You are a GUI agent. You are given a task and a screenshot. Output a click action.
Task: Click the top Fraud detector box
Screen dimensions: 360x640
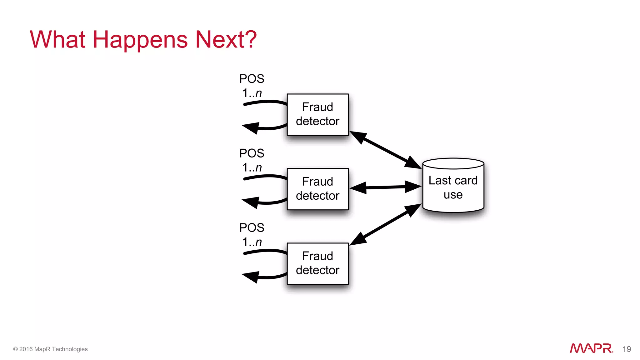[317, 114]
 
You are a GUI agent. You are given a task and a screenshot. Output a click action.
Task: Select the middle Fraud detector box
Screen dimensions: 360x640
[317, 189]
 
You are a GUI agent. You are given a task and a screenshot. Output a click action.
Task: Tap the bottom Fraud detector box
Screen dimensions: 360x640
[317, 263]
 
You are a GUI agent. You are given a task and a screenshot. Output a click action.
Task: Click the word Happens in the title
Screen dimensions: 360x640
[140, 40]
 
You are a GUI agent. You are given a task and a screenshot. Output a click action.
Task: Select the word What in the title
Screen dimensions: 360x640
[57, 40]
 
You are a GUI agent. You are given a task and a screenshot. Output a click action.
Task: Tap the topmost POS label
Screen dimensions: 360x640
[252, 79]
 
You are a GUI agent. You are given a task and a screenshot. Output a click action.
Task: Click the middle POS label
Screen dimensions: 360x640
[252, 153]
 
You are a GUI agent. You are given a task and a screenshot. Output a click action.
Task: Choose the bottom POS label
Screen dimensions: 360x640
[252, 227]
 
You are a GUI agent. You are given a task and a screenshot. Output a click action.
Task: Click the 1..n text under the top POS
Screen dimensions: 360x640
[252, 93]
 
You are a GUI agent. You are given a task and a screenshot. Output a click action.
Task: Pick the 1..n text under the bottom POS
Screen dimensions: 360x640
[252, 242]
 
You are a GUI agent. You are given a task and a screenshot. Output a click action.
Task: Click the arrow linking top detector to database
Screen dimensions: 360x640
[385, 150]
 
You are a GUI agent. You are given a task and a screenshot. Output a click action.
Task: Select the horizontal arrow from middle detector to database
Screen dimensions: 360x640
[385, 187]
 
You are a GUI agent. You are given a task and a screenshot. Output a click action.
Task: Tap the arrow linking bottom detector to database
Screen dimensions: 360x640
[385, 224]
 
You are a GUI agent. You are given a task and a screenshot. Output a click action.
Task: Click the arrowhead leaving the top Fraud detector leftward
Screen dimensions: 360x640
[251, 127]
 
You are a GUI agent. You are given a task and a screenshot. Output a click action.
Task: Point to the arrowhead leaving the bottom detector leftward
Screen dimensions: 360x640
[251, 277]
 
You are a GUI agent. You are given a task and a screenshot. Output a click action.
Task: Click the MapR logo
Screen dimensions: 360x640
[591, 348]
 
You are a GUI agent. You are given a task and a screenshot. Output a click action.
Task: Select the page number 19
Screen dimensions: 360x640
[626, 349]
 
